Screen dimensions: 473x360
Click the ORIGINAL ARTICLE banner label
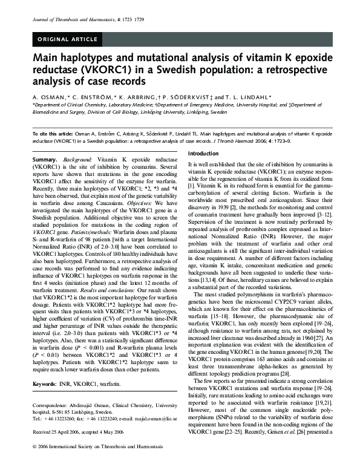coord(68,40)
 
